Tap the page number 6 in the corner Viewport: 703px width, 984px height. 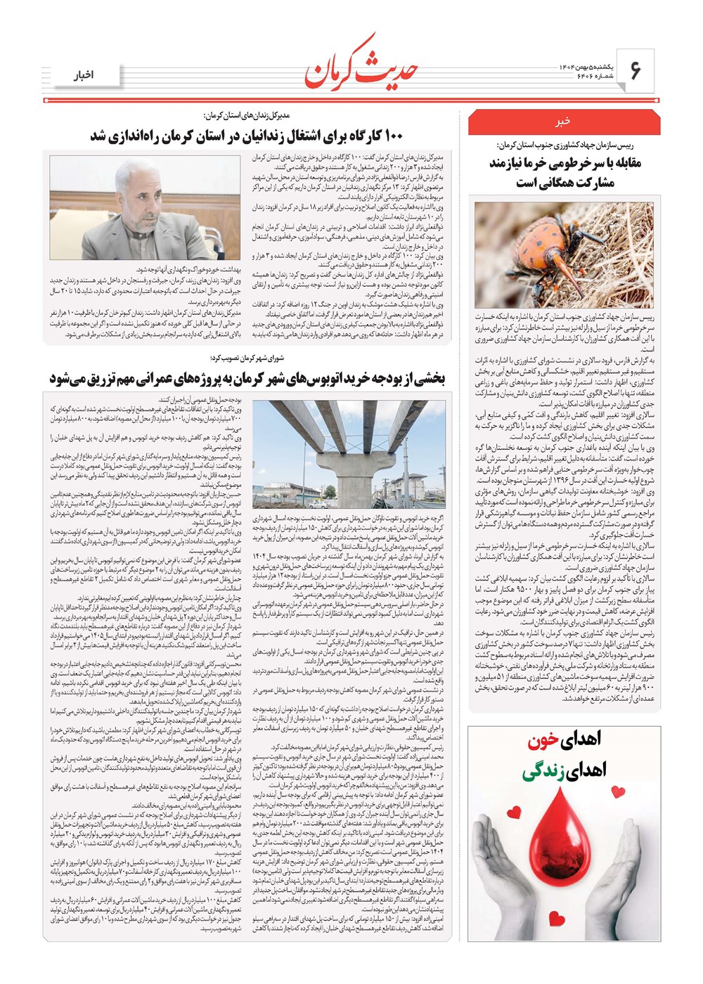(x=636, y=71)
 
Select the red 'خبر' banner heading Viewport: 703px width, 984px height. (x=564, y=121)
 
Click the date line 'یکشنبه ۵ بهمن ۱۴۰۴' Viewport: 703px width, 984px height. (x=576, y=65)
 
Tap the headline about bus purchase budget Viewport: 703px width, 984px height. (x=247, y=379)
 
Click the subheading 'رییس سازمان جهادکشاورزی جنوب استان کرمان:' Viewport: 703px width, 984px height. (x=564, y=145)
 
